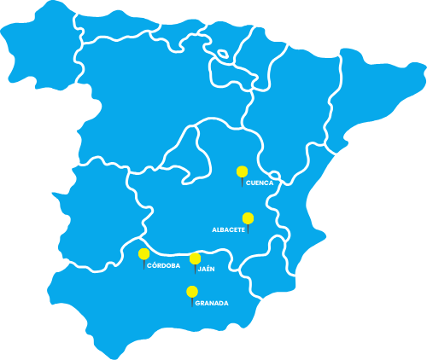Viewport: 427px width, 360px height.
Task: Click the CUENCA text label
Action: point(260,183)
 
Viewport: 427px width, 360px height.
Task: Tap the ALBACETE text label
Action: point(228,229)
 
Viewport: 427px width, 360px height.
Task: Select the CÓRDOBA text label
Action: point(163,265)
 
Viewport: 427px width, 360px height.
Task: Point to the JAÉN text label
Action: point(206,269)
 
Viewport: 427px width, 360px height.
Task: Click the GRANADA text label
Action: point(211,303)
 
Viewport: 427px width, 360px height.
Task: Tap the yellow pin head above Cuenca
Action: point(243,171)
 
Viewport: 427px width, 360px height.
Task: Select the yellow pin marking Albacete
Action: point(248,218)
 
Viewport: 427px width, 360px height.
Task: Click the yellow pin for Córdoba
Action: point(143,253)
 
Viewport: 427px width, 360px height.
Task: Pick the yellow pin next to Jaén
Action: point(195,258)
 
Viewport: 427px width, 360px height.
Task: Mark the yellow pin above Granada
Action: point(192,292)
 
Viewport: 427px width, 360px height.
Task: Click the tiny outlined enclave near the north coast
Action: point(223,54)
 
